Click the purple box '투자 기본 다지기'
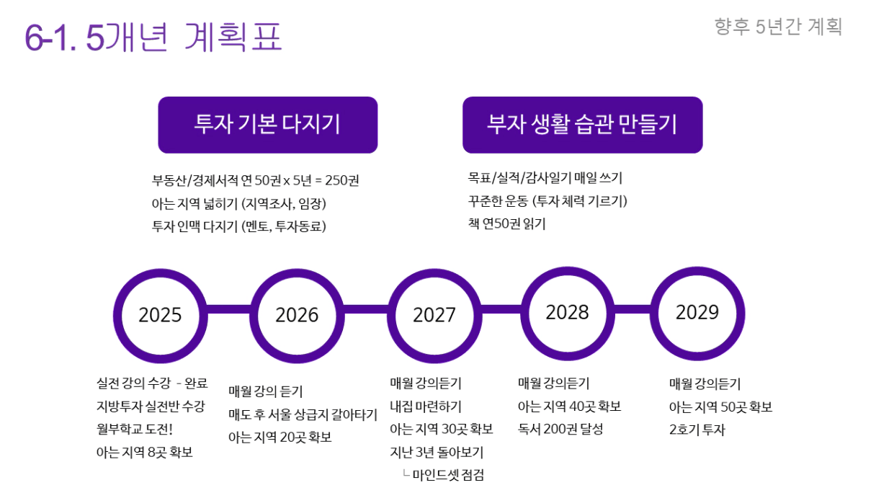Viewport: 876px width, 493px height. tap(268, 125)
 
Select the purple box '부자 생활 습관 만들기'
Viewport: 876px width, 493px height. tap(583, 125)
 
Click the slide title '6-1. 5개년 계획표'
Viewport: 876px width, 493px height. tap(153, 37)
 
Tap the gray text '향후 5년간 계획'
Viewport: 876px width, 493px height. tap(778, 27)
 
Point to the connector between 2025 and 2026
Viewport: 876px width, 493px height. tap(229, 309)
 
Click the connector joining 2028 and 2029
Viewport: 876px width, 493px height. tap(633, 309)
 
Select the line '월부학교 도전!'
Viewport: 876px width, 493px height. tap(135, 430)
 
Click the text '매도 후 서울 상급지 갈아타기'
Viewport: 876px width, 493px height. tap(303, 414)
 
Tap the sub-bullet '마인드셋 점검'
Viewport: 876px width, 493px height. tap(448, 475)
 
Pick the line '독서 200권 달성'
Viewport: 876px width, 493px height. tap(560, 430)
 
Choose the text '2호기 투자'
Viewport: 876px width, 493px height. tap(697, 430)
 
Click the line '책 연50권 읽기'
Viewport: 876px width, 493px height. tap(507, 224)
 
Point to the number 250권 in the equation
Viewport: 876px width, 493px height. tap(342, 180)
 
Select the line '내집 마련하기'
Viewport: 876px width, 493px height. tap(426, 407)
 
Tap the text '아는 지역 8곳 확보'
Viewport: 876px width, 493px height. tap(145, 453)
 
